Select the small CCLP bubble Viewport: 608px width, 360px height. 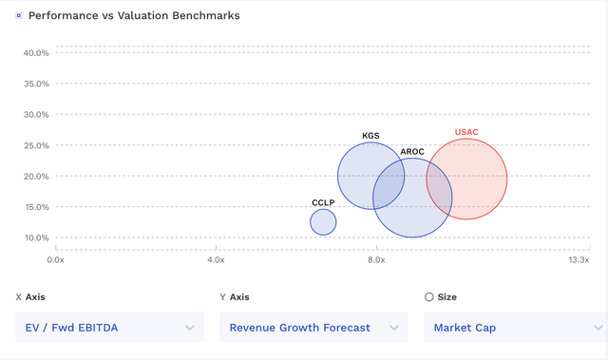point(323,221)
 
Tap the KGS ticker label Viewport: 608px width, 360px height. point(370,136)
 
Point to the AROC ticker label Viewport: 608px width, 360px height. point(412,152)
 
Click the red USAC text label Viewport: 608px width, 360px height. point(466,132)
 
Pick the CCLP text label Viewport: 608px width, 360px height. point(323,202)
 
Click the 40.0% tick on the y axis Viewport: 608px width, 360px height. point(36,53)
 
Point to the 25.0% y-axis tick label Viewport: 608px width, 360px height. point(36,145)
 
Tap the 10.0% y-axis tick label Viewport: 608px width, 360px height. point(36,237)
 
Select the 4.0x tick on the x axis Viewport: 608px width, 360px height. point(216,259)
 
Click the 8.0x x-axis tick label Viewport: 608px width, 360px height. point(376,259)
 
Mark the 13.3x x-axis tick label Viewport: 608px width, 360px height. point(579,259)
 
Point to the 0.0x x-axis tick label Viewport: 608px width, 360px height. point(56,259)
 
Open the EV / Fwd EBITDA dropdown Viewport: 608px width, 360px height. point(109,328)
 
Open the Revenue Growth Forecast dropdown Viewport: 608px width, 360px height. point(313,328)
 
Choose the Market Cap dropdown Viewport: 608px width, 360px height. point(513,328)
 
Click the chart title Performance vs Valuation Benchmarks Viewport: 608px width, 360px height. point(134,16)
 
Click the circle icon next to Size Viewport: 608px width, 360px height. point(429,297)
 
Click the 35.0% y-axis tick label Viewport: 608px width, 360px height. point(36,84)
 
